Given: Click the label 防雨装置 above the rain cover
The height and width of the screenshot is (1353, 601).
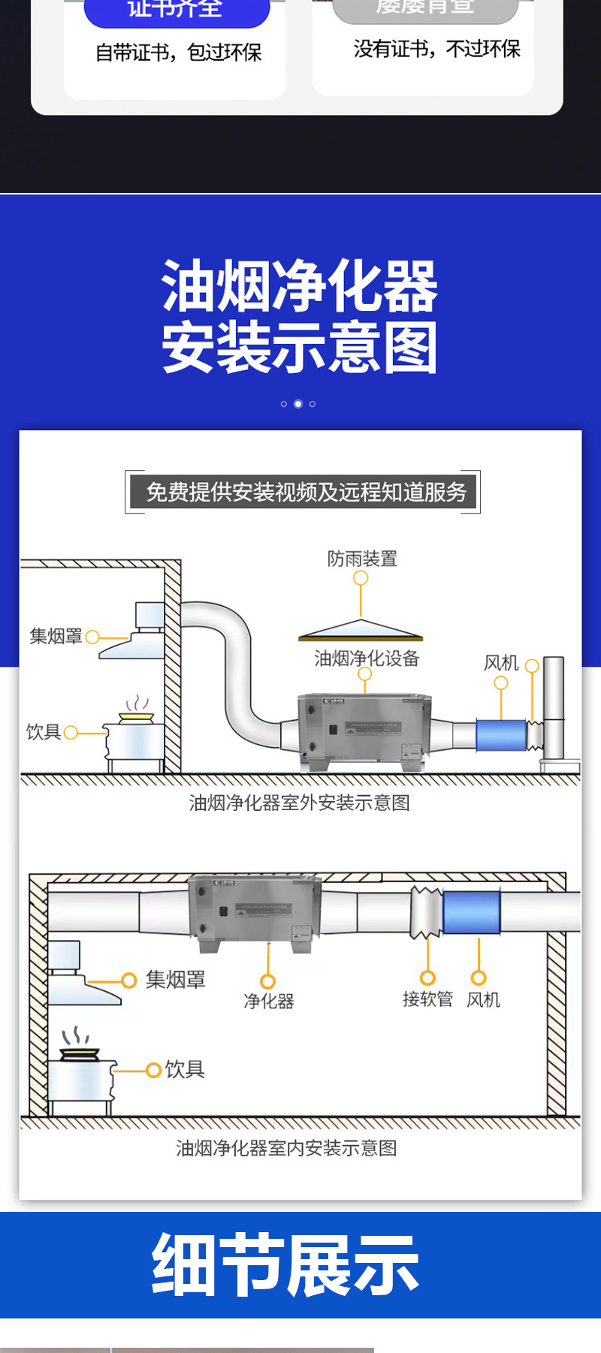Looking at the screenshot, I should (362, 559).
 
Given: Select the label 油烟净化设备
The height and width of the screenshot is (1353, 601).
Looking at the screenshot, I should (367, 658).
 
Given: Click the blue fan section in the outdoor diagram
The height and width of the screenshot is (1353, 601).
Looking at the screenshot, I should (501, 735).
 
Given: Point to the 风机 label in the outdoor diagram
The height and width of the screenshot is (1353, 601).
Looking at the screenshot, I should (501, 663).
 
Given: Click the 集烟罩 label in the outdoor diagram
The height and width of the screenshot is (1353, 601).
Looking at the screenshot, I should (56, 637).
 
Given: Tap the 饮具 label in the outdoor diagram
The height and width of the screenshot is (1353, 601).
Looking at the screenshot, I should (44, 732).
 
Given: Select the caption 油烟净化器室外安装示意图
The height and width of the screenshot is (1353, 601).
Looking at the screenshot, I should (300, 803).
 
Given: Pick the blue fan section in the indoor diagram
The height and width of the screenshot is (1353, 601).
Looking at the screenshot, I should (472, 912).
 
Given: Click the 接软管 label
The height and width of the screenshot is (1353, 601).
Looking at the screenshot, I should (427, 999).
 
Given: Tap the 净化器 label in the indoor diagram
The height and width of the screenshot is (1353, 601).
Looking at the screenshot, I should (269, 1001).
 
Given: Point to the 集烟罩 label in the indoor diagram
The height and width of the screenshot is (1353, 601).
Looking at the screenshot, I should (175, 980).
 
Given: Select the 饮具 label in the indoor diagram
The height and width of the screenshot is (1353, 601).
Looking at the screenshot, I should (185, 1069).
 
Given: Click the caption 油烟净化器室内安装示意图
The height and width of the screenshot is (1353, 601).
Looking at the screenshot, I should (286, 1148).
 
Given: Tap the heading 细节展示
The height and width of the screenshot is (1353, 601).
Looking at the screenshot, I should (285, 1266).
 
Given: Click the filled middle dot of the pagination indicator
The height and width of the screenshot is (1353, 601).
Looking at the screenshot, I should (298, 404).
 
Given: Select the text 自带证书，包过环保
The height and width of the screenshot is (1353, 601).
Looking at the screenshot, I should (179, 53).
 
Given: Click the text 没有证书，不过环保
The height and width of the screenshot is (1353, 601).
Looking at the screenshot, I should (436, 50).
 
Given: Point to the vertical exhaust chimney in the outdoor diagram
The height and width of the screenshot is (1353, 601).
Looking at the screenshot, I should (554, 706).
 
